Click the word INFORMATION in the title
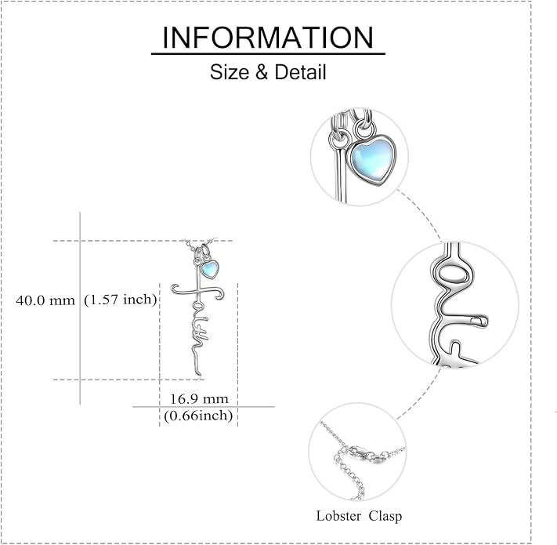click(x=268, y=38)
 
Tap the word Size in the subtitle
click(x=230, y=72)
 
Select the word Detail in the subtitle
click(x=300, y=72)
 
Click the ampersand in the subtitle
click(x=262, y=72)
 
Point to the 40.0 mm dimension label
click(x=45, y=301)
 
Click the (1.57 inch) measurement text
click(x=121, y=300)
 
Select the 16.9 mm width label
click(x=199, y=399)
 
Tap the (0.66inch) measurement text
click(x=198, y=416)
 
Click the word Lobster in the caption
click(x=339, y=516)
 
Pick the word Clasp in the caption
click(x=385, y=516)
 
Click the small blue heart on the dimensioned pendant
click(x=210, y=270)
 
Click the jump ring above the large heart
click(x=364, y=128)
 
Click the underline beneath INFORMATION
click(x=268, y=53)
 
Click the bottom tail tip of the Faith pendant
click(x=199, y=374)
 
